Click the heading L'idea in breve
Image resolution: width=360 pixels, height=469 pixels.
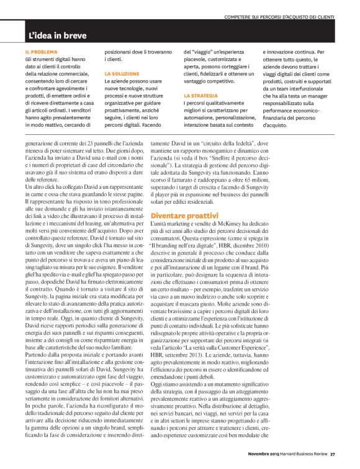pyautogui.click(x=57, y=35)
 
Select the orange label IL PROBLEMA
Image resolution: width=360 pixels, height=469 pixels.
pyautogui.click(x=42, y=52)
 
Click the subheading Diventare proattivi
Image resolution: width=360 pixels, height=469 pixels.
pyautogui.click(x=186, y=215)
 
